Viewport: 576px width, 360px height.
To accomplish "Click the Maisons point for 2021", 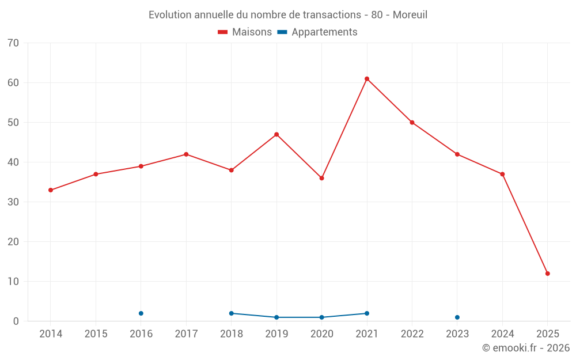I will [367, 79].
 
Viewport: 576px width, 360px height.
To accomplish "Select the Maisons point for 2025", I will [548, 274].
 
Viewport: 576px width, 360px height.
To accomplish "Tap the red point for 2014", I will [51, 190].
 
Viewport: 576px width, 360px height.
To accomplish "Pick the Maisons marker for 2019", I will [276, 134].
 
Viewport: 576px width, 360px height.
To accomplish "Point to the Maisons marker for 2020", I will [322, 178].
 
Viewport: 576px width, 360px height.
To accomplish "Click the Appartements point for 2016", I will [141, 313].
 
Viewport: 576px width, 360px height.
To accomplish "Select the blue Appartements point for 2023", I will [457, 317].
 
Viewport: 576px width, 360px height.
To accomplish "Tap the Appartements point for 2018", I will [232, 313].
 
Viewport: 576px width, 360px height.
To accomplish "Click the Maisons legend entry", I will [245, 32].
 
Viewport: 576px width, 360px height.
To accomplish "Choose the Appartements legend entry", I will [317, 32].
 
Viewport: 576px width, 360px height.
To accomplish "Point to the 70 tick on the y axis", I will [13, 43].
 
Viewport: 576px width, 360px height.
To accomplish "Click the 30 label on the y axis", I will [13, 202].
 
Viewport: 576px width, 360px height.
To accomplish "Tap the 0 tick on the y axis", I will [16, 321].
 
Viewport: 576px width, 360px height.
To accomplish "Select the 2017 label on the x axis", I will [186, 334].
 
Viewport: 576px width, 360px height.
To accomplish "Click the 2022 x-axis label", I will [412, 334].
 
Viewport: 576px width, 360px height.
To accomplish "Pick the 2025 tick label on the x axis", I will [548, 334].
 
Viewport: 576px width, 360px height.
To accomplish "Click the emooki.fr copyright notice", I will [526, 348].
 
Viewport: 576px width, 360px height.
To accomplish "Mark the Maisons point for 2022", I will [412, 123].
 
